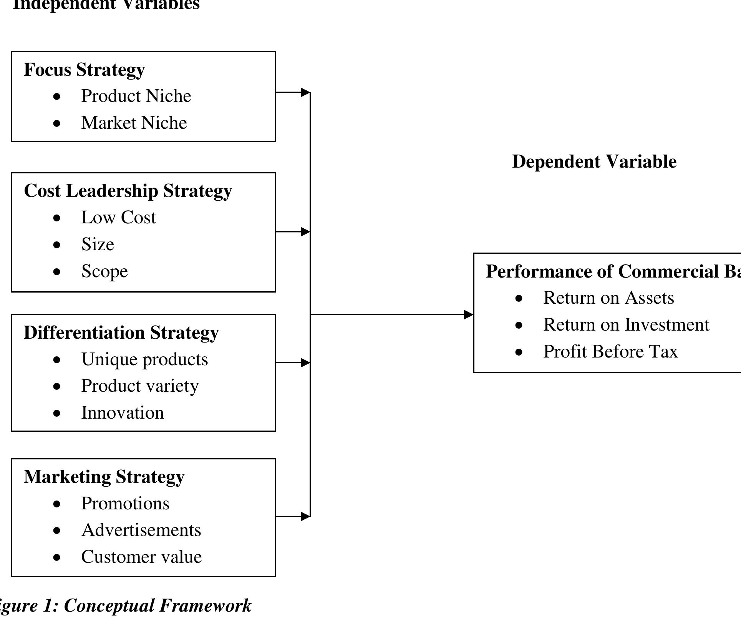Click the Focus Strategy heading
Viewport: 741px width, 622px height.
(x=84, y=70)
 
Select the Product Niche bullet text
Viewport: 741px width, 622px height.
(x=136, y=96)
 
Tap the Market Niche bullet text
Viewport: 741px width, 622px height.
(x=134, y=123)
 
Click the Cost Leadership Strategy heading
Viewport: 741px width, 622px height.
(x=128, y=191)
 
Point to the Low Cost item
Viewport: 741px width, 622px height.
(x=118, y=218)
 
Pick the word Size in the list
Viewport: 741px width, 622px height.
(x=98, y=244)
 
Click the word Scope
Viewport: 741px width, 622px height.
(x=104, y=271)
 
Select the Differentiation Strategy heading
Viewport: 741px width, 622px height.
(x=121, y=333)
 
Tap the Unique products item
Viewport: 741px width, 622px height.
(x=144, y=359)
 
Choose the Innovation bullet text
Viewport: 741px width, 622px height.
(x=123, y=413)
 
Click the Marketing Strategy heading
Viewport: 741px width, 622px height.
(x=104, y=477)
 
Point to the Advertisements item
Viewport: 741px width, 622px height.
(x=141, y=530)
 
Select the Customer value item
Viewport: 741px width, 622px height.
(x=141, y=557)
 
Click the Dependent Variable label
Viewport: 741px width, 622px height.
(x=594, y=162)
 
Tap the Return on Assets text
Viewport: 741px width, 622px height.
(x=608, y=298)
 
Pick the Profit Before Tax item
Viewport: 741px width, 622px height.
(x=610, y=352)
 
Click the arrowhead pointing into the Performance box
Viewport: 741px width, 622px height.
(x=468, y=315)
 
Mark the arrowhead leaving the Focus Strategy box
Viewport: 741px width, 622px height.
(x=305, y=92)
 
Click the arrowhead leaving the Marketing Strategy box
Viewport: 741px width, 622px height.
(x=305, y=517)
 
